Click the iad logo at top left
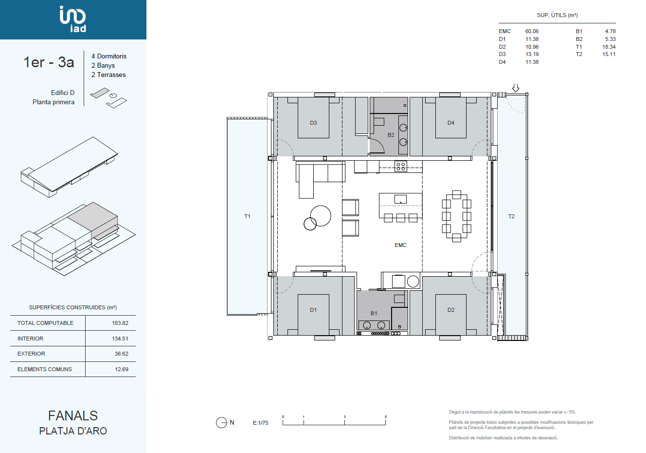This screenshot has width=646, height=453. pyautogui.click(x=72, y=19)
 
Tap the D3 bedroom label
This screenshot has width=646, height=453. pyautogui.click(x=313, y=123)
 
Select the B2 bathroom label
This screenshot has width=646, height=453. pyautogui.click(x=391, y=135)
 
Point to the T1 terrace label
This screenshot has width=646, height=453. pyautogui.click(x=247, y=216)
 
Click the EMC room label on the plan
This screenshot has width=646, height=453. pyautogui.click(x=400, y=245)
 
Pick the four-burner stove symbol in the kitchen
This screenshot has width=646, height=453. pyautogui.click(x=400, y=166)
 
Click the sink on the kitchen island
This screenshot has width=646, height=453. pyautogui.click(x=400, y=199)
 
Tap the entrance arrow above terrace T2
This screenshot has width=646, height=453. pyautogui.click(x=516, y=88)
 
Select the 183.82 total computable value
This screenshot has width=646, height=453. pyautogui.click(x=120, y=323)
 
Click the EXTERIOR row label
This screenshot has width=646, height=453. pyautogui.click(x=31, y=354)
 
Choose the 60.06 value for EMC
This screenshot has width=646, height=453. pyautogui.click(x=532, y=31)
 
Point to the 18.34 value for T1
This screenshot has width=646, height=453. pyautogui.click(x=609, y=47)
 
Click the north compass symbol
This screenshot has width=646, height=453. pyautogui.click(x=221, y=423)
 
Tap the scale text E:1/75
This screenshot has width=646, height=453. pyautogui.click(x=260, y=423)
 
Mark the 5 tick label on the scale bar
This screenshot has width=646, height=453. pyautogui.click(x=386, y=416)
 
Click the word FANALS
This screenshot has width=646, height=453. pyautogui.click(x=73, y=416)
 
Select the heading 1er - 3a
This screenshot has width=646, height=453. pyautogui.click(x=49, y=62)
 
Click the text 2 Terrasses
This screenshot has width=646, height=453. pyautogui.click(x=108, y=75)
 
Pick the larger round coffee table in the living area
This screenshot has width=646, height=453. pyautogui.click(x=321, y=216)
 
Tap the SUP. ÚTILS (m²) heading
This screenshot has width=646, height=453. pyautogui.click(x=557, y=15)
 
